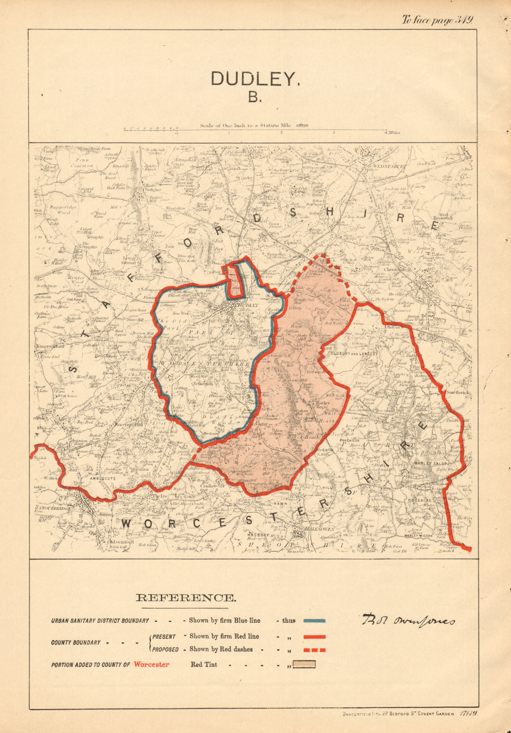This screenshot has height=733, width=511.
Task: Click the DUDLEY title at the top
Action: [255, 79]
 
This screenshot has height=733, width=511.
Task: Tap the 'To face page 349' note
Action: [437, 20]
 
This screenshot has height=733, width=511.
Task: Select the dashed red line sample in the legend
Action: [314, 650]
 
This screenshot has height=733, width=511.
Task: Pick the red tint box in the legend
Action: [304, 664]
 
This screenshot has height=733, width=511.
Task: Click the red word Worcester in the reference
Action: [152, 664]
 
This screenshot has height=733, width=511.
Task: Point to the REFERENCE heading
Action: [186, 597]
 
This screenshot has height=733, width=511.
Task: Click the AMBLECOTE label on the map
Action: [103, 478]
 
